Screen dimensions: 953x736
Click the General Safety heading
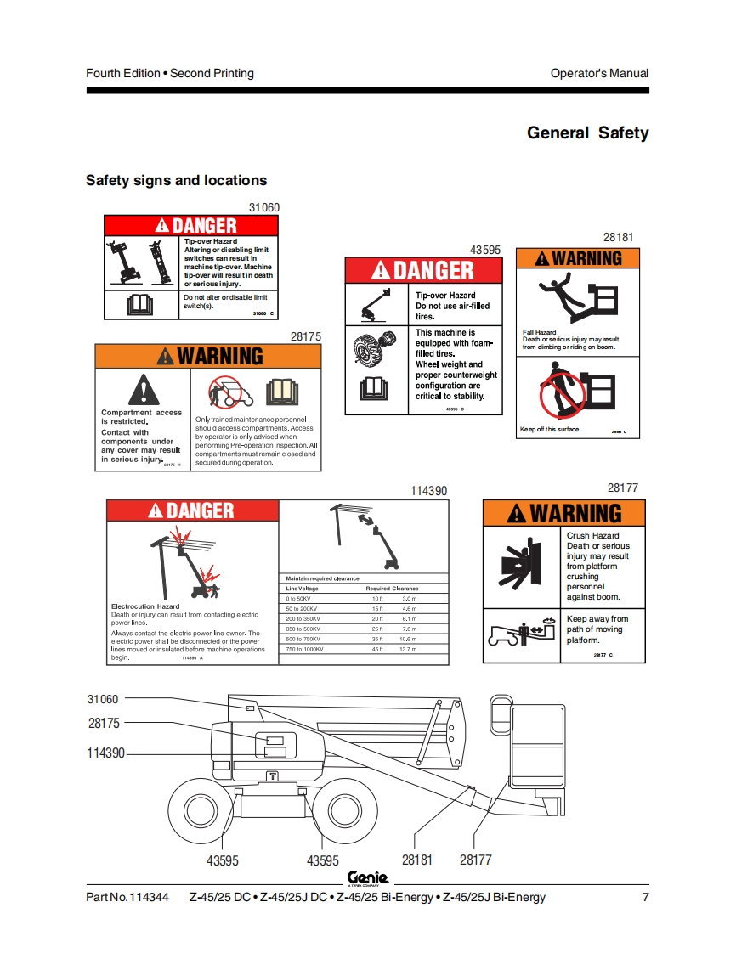(587, 133)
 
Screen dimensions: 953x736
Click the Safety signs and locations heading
(176, 180)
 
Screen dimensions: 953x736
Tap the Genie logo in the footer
(367, 878)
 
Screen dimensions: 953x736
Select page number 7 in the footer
(645, 897)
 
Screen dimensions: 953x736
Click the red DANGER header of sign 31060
(191, 225)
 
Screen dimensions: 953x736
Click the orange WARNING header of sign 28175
(208, 356)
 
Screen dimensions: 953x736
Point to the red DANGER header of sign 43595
(423, 271)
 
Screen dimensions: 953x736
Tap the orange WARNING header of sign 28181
(578, 258)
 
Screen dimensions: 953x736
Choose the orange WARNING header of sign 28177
(564, 513)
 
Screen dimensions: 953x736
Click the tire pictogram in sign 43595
(375, 349)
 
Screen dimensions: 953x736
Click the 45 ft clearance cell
(377, 649)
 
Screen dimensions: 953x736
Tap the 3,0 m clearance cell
(409, 599)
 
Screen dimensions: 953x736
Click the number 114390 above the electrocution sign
(428, 491)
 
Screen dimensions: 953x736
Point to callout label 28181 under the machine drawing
(416, 860)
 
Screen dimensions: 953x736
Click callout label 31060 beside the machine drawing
(103, 699)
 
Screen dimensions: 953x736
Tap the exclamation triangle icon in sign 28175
(144, 390)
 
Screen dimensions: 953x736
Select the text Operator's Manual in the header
(599, 73)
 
